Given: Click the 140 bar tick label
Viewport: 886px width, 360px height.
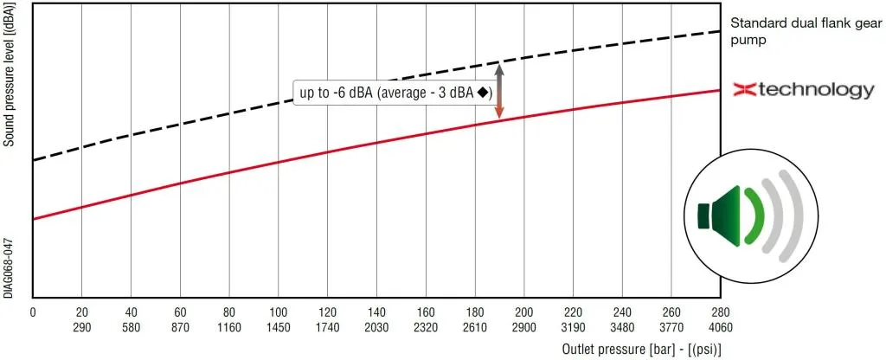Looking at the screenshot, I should click(x=376, y=311).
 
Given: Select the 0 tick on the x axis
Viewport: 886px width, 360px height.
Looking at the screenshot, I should click(x=33, y=311).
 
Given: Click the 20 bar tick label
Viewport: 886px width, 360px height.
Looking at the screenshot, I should click(x=81, y=311).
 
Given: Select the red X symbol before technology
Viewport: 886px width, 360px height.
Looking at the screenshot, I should click(x=746, y=89).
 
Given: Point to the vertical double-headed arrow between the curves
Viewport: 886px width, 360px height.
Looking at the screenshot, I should click(x=499, y=90).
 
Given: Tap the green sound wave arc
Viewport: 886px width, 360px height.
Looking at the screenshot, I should click(x=755, y=213).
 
